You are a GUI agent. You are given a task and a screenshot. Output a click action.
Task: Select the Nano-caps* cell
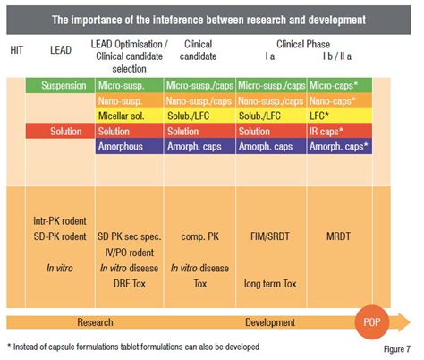342,102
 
